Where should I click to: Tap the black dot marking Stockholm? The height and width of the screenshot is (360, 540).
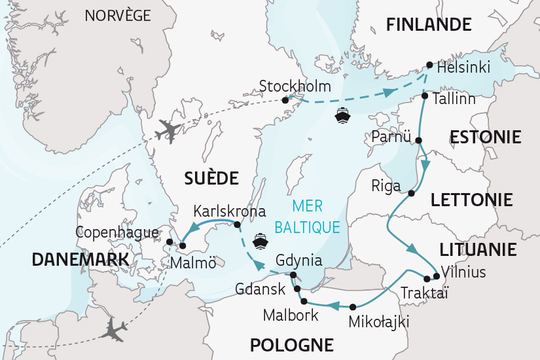(285, 100)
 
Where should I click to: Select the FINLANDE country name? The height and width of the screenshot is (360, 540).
(428, 25)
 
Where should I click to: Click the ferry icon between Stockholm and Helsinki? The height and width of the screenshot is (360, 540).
(342, 117)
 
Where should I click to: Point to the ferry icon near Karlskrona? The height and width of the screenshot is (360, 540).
(261, 241)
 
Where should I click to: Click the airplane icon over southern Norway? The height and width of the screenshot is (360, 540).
(167, 131)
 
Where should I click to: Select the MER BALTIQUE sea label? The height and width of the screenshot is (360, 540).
(308, 217)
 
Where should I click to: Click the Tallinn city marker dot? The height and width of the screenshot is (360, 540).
(425, 96)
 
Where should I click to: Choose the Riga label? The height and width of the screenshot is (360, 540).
(386, 186)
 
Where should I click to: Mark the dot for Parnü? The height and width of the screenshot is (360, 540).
(418, 140)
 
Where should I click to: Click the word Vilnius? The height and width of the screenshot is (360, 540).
(463, 272)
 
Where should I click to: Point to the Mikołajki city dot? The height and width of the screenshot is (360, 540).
(353, 306)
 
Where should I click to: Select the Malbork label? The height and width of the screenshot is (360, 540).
(291, 315)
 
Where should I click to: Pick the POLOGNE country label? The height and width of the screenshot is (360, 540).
(291, 344)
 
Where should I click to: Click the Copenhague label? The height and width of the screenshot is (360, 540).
(117, 232)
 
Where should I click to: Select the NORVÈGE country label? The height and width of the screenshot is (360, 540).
(118, 15)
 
